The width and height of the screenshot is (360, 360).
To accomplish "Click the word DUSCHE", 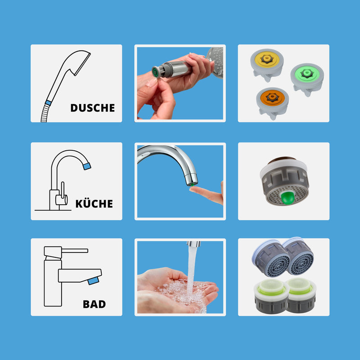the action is tap(93, 108).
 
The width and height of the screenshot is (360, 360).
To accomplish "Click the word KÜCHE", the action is tap(94, 204).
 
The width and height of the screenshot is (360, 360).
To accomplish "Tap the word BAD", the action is tap(94, 304).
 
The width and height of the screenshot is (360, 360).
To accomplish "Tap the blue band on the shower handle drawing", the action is tap(48, 103).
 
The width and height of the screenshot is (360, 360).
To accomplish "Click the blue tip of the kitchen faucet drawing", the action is tap(87, 166).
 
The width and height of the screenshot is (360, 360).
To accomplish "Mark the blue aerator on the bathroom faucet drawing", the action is tap(93, 280).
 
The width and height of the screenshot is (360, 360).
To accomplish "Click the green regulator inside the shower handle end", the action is tap(155, 73).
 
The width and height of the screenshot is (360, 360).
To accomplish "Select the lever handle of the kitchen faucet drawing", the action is tap(63, 190).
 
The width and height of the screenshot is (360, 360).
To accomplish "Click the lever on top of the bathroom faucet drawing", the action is tap(75, 251).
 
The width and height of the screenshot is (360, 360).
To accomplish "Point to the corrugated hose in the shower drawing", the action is tap(45, 113).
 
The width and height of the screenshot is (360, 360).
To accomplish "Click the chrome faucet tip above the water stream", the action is tap(193, 244).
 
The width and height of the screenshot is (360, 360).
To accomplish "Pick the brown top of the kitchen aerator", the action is tap(282, 159).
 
